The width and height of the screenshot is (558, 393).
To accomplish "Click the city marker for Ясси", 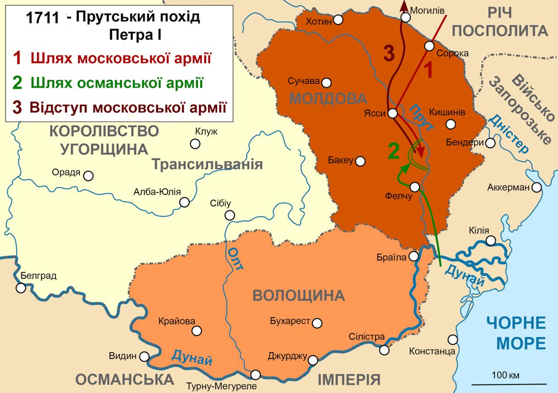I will coord(393,113).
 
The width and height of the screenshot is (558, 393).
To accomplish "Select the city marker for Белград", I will coord(21,288).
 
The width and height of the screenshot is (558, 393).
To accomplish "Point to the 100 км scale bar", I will coord(509,384).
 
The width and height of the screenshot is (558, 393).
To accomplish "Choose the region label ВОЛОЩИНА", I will coord(299,295).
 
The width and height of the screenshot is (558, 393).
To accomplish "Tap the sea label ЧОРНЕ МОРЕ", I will coord(515,333).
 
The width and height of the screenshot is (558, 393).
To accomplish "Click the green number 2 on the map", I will coord(394,151).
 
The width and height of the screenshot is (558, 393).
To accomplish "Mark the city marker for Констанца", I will coord(453,339).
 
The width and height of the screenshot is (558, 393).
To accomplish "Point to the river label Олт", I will coord(236,258).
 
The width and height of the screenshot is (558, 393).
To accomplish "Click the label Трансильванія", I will coord(206,164).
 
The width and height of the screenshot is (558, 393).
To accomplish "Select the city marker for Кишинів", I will coord(451,124).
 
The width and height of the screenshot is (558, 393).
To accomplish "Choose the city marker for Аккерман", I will coord(536,187).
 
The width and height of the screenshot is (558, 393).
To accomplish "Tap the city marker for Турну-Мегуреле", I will coord(256,375).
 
